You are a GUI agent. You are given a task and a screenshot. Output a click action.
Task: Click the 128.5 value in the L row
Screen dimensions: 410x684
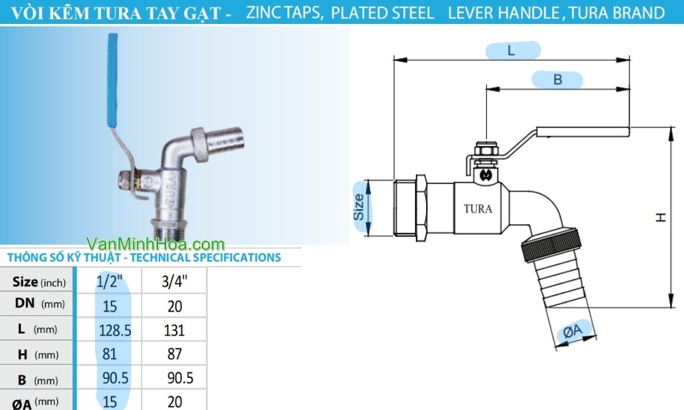click(x=114, y=330)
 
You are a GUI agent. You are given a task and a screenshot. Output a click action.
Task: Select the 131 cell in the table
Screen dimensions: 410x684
click(x=174, y=330)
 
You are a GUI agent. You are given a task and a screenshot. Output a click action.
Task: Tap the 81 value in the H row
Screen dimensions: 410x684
click(x=109, y=354)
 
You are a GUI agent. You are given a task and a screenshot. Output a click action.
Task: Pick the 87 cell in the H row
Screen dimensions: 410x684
click(x=174, y=354)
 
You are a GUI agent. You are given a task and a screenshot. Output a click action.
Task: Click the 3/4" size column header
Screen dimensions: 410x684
click(x=174, y=281)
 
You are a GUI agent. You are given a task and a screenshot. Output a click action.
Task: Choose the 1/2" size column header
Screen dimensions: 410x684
click(x=110, y=281)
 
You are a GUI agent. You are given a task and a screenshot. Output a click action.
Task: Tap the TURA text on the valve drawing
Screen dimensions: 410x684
click(x=477, y=209)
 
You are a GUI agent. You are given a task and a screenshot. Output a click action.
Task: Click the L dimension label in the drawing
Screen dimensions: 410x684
click(x=512, y=50)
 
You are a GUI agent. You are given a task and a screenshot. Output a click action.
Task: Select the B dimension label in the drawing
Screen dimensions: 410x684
click(x=557, y=80)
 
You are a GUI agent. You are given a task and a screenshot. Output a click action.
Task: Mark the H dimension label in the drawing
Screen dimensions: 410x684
click(x=661, y=217)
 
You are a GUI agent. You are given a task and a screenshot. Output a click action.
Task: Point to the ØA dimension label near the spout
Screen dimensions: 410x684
click(x=573, y=332)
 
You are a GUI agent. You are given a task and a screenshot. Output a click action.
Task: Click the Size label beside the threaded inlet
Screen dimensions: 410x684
click(x=360, y=206)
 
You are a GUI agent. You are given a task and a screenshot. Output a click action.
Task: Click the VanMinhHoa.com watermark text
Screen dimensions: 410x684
click(x=156, y=244)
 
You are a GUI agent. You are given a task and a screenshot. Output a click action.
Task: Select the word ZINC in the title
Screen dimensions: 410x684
click(x=268, y=12)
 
